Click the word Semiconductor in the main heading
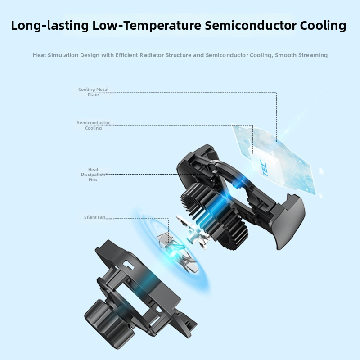click(251, 25)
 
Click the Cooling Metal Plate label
click(93, 92)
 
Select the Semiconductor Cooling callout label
click(93, 125)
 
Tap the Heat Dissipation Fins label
click(93, 174)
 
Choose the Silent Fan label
click(94, 217)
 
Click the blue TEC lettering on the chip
click(263, 169)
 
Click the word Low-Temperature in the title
click(147, 26)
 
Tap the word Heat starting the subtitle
click(40, 55)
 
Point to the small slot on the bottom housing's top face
click(129, 265)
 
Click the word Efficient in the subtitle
click(127, 55)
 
